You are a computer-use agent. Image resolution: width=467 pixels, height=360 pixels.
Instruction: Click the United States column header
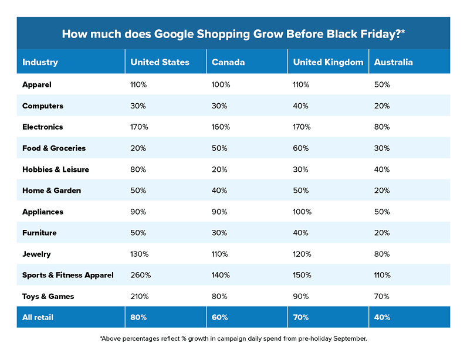tap(160, 62)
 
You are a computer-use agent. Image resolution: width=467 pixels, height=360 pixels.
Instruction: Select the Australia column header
tap(393, 62)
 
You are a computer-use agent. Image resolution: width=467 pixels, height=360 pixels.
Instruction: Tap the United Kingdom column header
tap(328, 62)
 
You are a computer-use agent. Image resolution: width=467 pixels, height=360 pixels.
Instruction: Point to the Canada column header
tap(228, 62)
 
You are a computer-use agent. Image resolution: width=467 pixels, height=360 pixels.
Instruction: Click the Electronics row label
tap(42, 127)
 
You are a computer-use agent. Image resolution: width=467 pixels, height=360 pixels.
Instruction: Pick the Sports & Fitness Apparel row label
tap(67, 275)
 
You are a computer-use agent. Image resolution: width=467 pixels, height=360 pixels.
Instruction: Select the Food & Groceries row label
tap(54, 148)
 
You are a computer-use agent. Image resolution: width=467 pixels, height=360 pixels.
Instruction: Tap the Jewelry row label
tap(36, 254)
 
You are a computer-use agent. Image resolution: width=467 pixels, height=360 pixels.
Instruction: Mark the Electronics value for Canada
tap(221, 127)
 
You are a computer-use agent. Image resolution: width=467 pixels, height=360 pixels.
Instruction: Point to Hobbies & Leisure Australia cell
tap(381, 169)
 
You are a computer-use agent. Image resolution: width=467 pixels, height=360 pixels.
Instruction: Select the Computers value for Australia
tap(381, 106)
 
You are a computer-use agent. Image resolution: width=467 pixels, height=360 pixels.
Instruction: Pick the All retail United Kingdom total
tap(301, 317)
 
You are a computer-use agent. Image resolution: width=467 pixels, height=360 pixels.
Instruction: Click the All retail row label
tap(38, 317)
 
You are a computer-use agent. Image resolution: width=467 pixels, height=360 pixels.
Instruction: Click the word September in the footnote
tap(348, 338)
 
